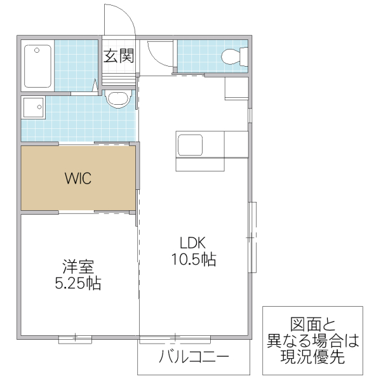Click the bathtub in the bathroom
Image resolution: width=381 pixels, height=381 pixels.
(37, 66)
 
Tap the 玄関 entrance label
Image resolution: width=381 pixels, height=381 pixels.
(119, 56)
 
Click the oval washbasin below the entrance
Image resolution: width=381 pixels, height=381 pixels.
(117, 99)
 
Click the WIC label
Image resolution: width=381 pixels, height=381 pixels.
(78, 178)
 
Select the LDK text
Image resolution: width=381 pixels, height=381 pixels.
(193, 243)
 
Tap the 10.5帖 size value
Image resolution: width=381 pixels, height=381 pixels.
(193, 259)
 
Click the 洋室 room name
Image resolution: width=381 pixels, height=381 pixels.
(77, 266)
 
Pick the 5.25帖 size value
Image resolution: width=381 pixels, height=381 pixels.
(77, 283)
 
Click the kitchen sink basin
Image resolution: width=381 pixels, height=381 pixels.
(190, 145)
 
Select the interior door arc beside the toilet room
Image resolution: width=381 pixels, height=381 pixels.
(159, 52)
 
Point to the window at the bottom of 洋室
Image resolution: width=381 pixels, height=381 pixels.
(75, 338)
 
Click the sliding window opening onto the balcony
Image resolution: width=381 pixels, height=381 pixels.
(175, 338)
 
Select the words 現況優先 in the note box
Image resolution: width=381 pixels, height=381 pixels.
(312, 357)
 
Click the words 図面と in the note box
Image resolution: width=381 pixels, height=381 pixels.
(312, 324)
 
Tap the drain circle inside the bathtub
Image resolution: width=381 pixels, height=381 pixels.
(37, 49)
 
